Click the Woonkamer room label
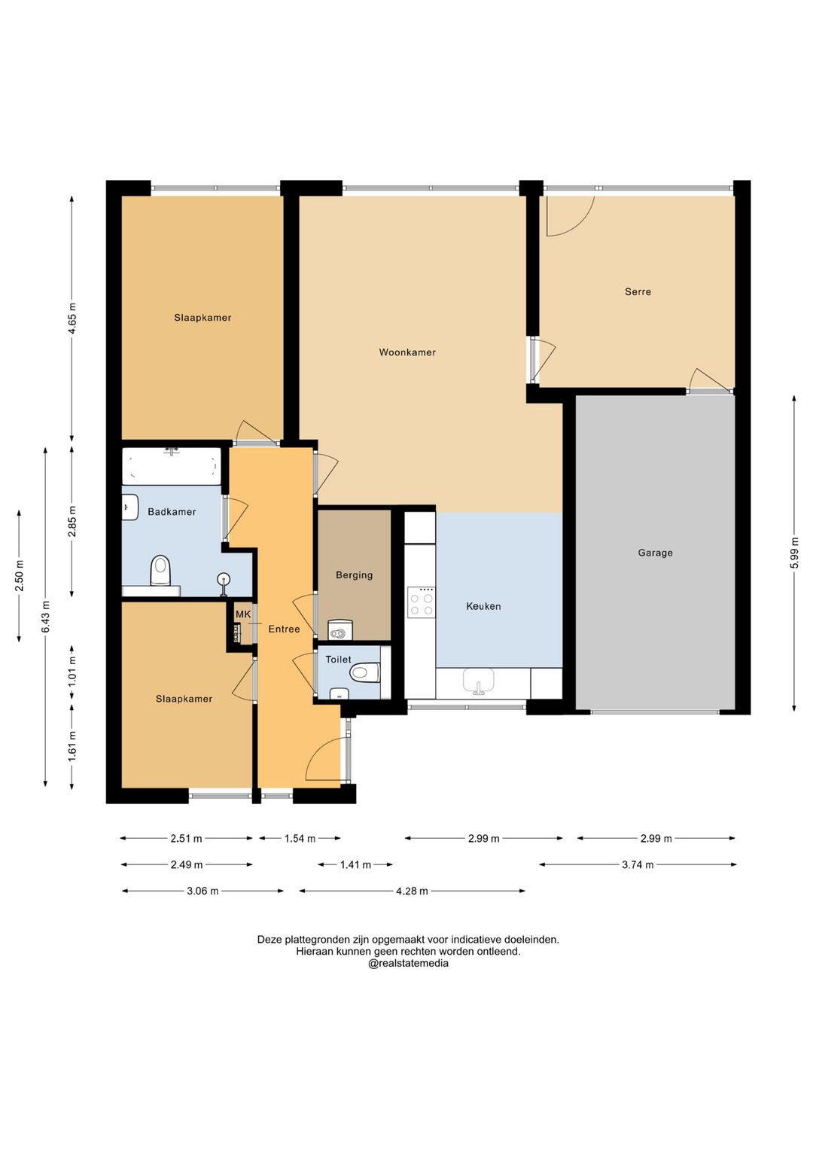[x=407, y=352]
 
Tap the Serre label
[x=638, y=292]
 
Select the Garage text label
[x=655, y=553]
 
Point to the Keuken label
[x=483, y=606]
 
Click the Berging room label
[x=354, y=575]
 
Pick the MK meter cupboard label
[x=243, y=614]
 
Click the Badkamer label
[x=172, y=512]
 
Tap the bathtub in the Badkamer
[x=172, y=466]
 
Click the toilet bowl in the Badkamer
[x=160, y=571]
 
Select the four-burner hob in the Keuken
[x=421, y=602]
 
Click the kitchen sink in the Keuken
[x=479, y=681]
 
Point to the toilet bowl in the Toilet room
[x=364, y=672]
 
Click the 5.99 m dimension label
[x=794, y=553]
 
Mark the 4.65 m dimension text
[x=72, y=318]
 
